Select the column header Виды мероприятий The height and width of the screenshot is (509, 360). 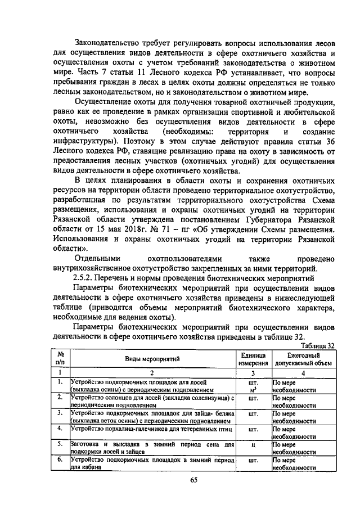pyautogui.click(x=152, y=358)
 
